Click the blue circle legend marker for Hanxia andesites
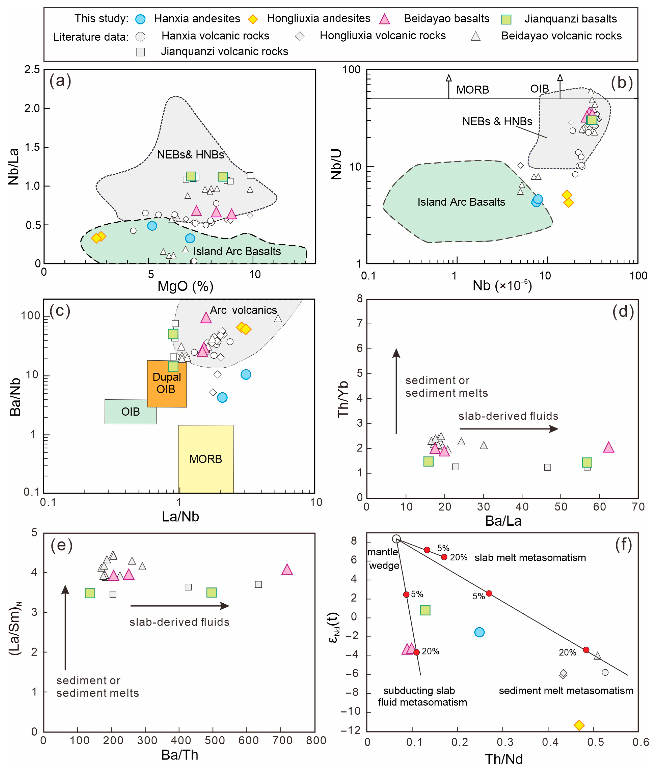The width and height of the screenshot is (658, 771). click(140, 19)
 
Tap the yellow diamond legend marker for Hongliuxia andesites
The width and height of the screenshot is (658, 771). click(253, 19)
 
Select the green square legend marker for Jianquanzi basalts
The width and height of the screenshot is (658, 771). click(506, 19)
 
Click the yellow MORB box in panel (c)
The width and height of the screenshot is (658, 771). click(206, 459)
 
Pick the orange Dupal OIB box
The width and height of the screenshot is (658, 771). click(167, 383)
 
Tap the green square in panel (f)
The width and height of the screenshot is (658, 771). click(425, 610)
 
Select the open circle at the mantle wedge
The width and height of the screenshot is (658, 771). click(397, 539)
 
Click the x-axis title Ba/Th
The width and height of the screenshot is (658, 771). click(180, 755)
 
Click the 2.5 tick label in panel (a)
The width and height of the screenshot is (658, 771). click(32, 70)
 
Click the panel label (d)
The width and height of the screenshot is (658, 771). click(623, 312)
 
